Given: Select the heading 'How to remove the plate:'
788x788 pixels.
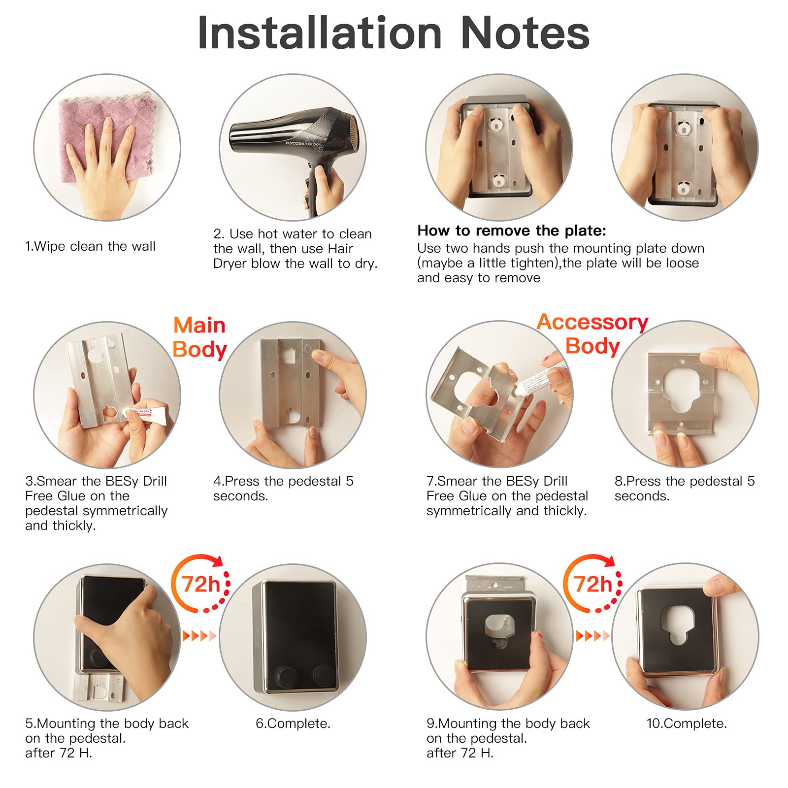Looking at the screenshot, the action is (x=512, y=230).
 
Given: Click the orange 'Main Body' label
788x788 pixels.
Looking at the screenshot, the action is (x=199, y=337).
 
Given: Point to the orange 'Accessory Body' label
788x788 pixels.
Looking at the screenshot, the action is (x=592, y=334).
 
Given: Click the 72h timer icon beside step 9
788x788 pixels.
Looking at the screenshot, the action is (x=593, y=584).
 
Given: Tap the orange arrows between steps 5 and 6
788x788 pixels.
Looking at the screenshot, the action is (x=199, y=636).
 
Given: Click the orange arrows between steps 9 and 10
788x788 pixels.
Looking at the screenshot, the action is (x=592, y=636).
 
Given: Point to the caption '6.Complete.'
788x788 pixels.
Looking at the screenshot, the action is (x=293, y=723).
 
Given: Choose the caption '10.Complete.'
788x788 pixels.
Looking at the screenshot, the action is (x=687, y=723).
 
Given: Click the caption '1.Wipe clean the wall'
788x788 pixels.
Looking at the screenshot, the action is (x=90, y=246).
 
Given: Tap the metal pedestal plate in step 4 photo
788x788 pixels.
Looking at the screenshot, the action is (x=291, y=382).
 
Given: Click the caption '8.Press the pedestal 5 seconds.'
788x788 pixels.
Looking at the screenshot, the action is (x=685, y=489).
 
